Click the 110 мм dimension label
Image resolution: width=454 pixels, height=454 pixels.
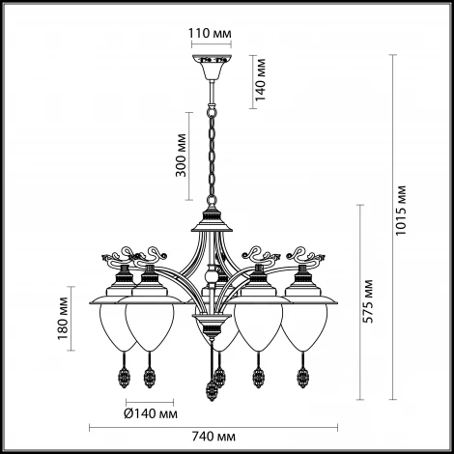210,33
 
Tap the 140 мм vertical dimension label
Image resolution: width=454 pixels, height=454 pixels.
260,80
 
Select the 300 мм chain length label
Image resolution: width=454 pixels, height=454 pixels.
181,156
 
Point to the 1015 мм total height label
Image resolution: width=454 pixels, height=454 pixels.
401,211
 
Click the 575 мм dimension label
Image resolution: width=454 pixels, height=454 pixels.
367,301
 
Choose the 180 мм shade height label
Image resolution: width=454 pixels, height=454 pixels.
63,319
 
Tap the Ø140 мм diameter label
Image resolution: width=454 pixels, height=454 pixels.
151,413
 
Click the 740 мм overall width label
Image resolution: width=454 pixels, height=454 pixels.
213,437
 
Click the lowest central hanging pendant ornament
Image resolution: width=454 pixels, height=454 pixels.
212,390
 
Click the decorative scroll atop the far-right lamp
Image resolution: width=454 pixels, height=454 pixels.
306,255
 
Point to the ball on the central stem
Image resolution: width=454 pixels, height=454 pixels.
212,276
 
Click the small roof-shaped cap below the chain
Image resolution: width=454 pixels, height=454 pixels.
212,221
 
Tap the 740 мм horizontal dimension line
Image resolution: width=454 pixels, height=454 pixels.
213,428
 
